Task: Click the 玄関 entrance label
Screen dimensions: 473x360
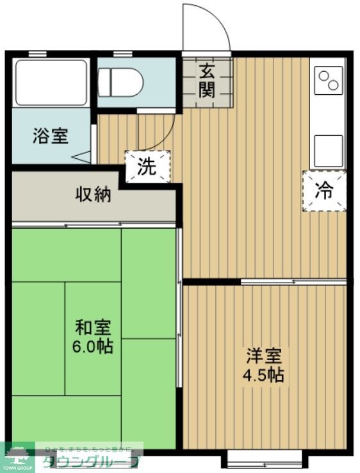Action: [206, 81]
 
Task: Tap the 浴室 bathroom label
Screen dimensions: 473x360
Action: [51, 136]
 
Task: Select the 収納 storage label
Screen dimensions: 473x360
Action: [94, 193]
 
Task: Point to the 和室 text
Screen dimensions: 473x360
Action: [94, 328]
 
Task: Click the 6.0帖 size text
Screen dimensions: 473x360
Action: [94, 346]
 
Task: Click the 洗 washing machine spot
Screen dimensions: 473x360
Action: [148, 167]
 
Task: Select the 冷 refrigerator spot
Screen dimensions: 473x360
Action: [324, 190]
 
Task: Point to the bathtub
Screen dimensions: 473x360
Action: [51, 83]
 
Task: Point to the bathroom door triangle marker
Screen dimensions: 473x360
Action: [81, 156]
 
